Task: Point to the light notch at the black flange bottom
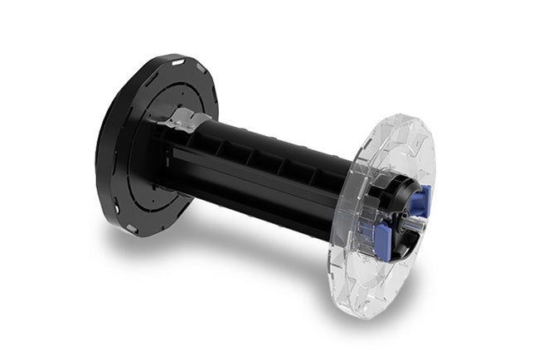click(132, 227)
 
